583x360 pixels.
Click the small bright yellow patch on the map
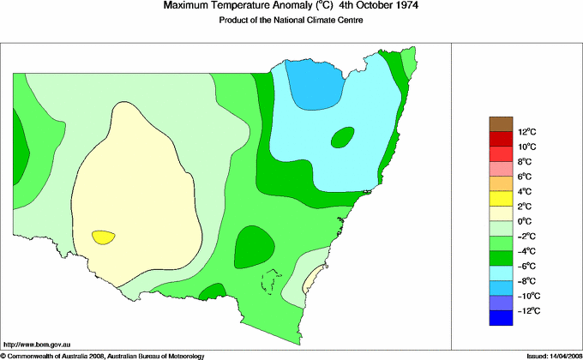click(103, 237)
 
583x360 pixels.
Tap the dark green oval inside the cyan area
click(342, 136)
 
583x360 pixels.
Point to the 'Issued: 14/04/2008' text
click(548, 354)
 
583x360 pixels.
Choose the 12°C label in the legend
click(526, 132)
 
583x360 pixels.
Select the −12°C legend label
click(526, 310)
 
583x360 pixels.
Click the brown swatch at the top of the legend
click(501, 124)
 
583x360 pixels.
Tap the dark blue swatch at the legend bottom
click(501, 318)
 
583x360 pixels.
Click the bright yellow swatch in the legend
click(501, 199)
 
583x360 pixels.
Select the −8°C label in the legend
click(526, 280)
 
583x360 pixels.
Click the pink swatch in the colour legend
click(501, 169)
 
